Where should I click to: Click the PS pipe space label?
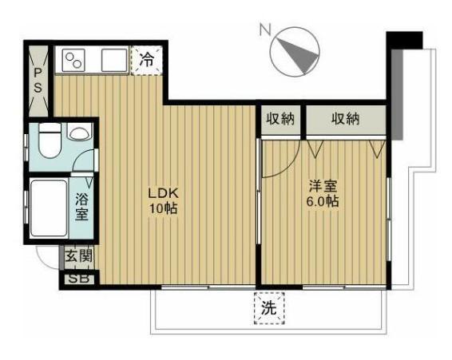[x=38, y=80]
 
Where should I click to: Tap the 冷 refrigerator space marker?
[x=147, y=60]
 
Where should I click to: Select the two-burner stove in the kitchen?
[x=74, y=60]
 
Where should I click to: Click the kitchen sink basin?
[x=114, y=60]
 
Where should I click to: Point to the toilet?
[x=50, y=140]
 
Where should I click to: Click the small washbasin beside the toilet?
[x=80, y=132]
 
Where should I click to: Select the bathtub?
[x=49, y=208]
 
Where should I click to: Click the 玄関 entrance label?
[x=79, y=256]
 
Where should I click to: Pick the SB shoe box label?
[x=79, y=279]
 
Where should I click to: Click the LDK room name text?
[x=164, y=193]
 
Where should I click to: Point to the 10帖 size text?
[x=163, y=208]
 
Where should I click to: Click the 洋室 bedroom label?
[x=323, y=186]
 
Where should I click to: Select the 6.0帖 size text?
[x=323, y=201]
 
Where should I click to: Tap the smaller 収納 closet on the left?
[x=280, y=118]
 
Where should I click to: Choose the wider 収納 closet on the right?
[x=345, y=118]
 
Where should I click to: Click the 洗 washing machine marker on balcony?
[x=269, y=308]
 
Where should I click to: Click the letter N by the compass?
[x=265, y=30]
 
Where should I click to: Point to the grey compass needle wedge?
[x=298, y=54]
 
